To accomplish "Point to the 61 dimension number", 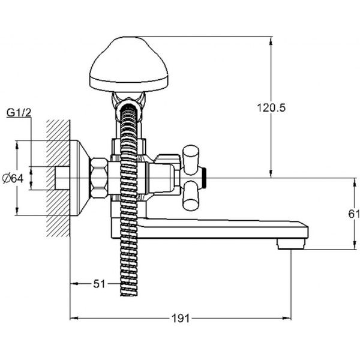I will (353, 213).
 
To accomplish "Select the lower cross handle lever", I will (191, 196).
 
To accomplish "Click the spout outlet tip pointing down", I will (291, 244).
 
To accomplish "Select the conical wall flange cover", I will (80, 178).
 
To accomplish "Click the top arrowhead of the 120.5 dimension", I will (271, 40).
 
